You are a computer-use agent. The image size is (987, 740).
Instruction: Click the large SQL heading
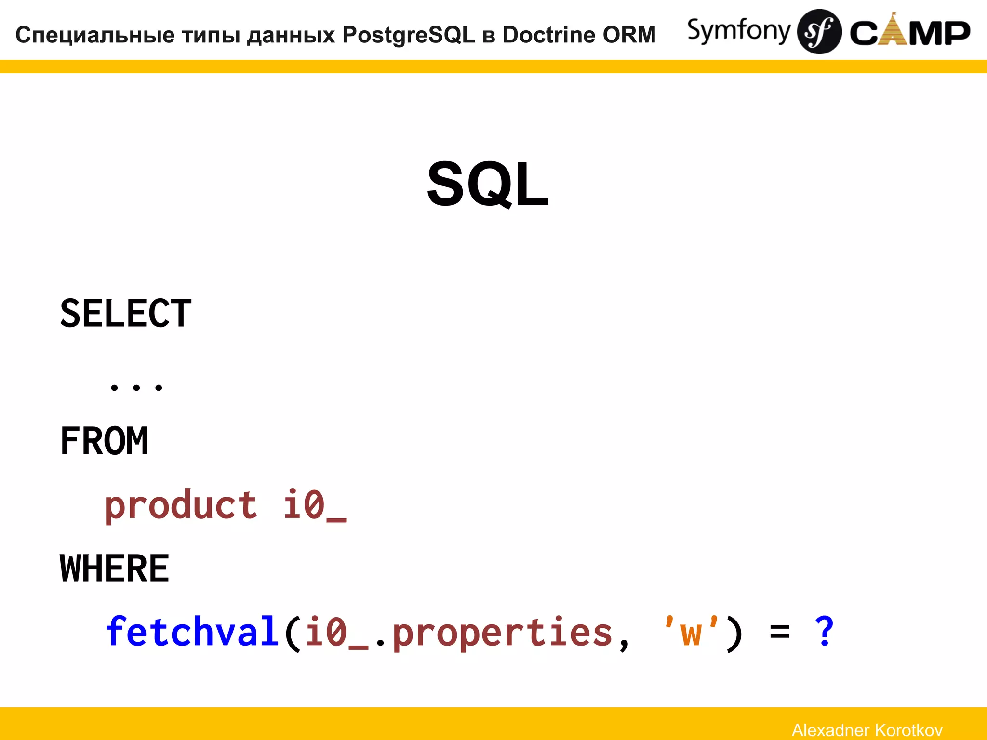point(488,184)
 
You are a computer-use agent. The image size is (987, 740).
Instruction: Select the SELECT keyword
point(126,314)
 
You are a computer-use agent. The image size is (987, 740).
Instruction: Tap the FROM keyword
point(104,441)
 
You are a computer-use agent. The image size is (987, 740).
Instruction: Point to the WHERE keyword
point(115,568)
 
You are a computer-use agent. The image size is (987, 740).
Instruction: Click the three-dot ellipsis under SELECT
point(136,387)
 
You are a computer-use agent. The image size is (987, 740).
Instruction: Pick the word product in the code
point(181,505)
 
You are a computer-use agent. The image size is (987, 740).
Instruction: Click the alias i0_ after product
point(314,505)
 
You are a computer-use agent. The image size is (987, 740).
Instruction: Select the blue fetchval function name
point(192,632)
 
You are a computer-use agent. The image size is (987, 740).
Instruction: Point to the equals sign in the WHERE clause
point(780,632)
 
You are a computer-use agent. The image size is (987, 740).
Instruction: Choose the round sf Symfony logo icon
point(819,32)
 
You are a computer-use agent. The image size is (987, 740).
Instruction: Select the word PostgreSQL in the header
point(409,35)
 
